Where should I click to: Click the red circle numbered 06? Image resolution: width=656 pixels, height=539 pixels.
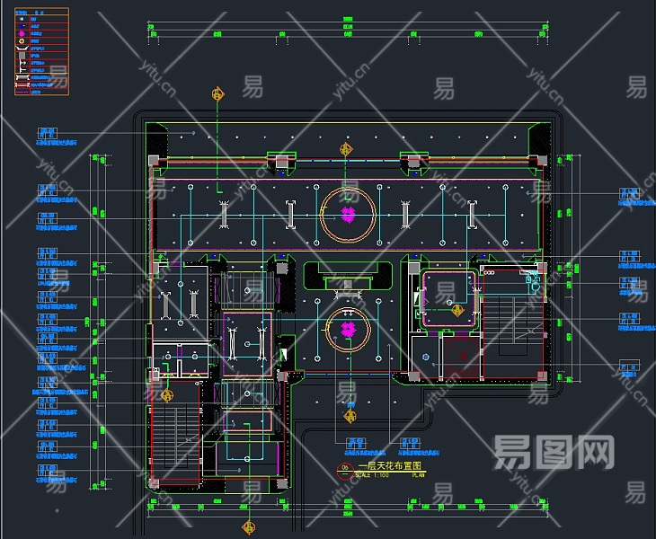click(x=342, y=469)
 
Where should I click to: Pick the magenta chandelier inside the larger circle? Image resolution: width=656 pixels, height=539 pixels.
click(x=348, y=214)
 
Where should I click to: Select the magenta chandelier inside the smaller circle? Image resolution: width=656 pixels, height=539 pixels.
click(x=348, y=330)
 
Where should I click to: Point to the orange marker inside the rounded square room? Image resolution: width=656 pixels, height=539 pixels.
click(x=457, y=310)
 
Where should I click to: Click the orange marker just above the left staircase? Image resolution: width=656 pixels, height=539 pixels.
click(x=166, y=393)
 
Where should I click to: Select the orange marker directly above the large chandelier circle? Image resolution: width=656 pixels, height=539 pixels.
click(x=344, y=150)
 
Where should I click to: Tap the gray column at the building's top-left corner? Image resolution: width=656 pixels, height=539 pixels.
click(x=153, y=160)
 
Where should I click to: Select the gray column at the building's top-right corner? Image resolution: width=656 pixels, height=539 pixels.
click(x=542, y=160)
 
